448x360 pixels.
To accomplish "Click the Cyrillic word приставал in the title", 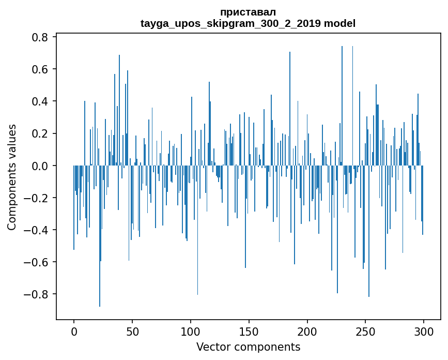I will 248,12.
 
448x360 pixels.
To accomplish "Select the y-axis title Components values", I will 12,177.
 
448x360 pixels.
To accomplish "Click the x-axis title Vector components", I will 248,347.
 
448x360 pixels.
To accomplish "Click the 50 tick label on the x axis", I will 132,331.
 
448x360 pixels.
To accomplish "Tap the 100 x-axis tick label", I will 191,331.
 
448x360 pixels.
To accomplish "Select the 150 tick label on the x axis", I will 249,331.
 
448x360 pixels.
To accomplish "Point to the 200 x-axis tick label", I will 307,331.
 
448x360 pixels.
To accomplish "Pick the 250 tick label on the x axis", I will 365,331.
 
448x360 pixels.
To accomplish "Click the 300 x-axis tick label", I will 424,331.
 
